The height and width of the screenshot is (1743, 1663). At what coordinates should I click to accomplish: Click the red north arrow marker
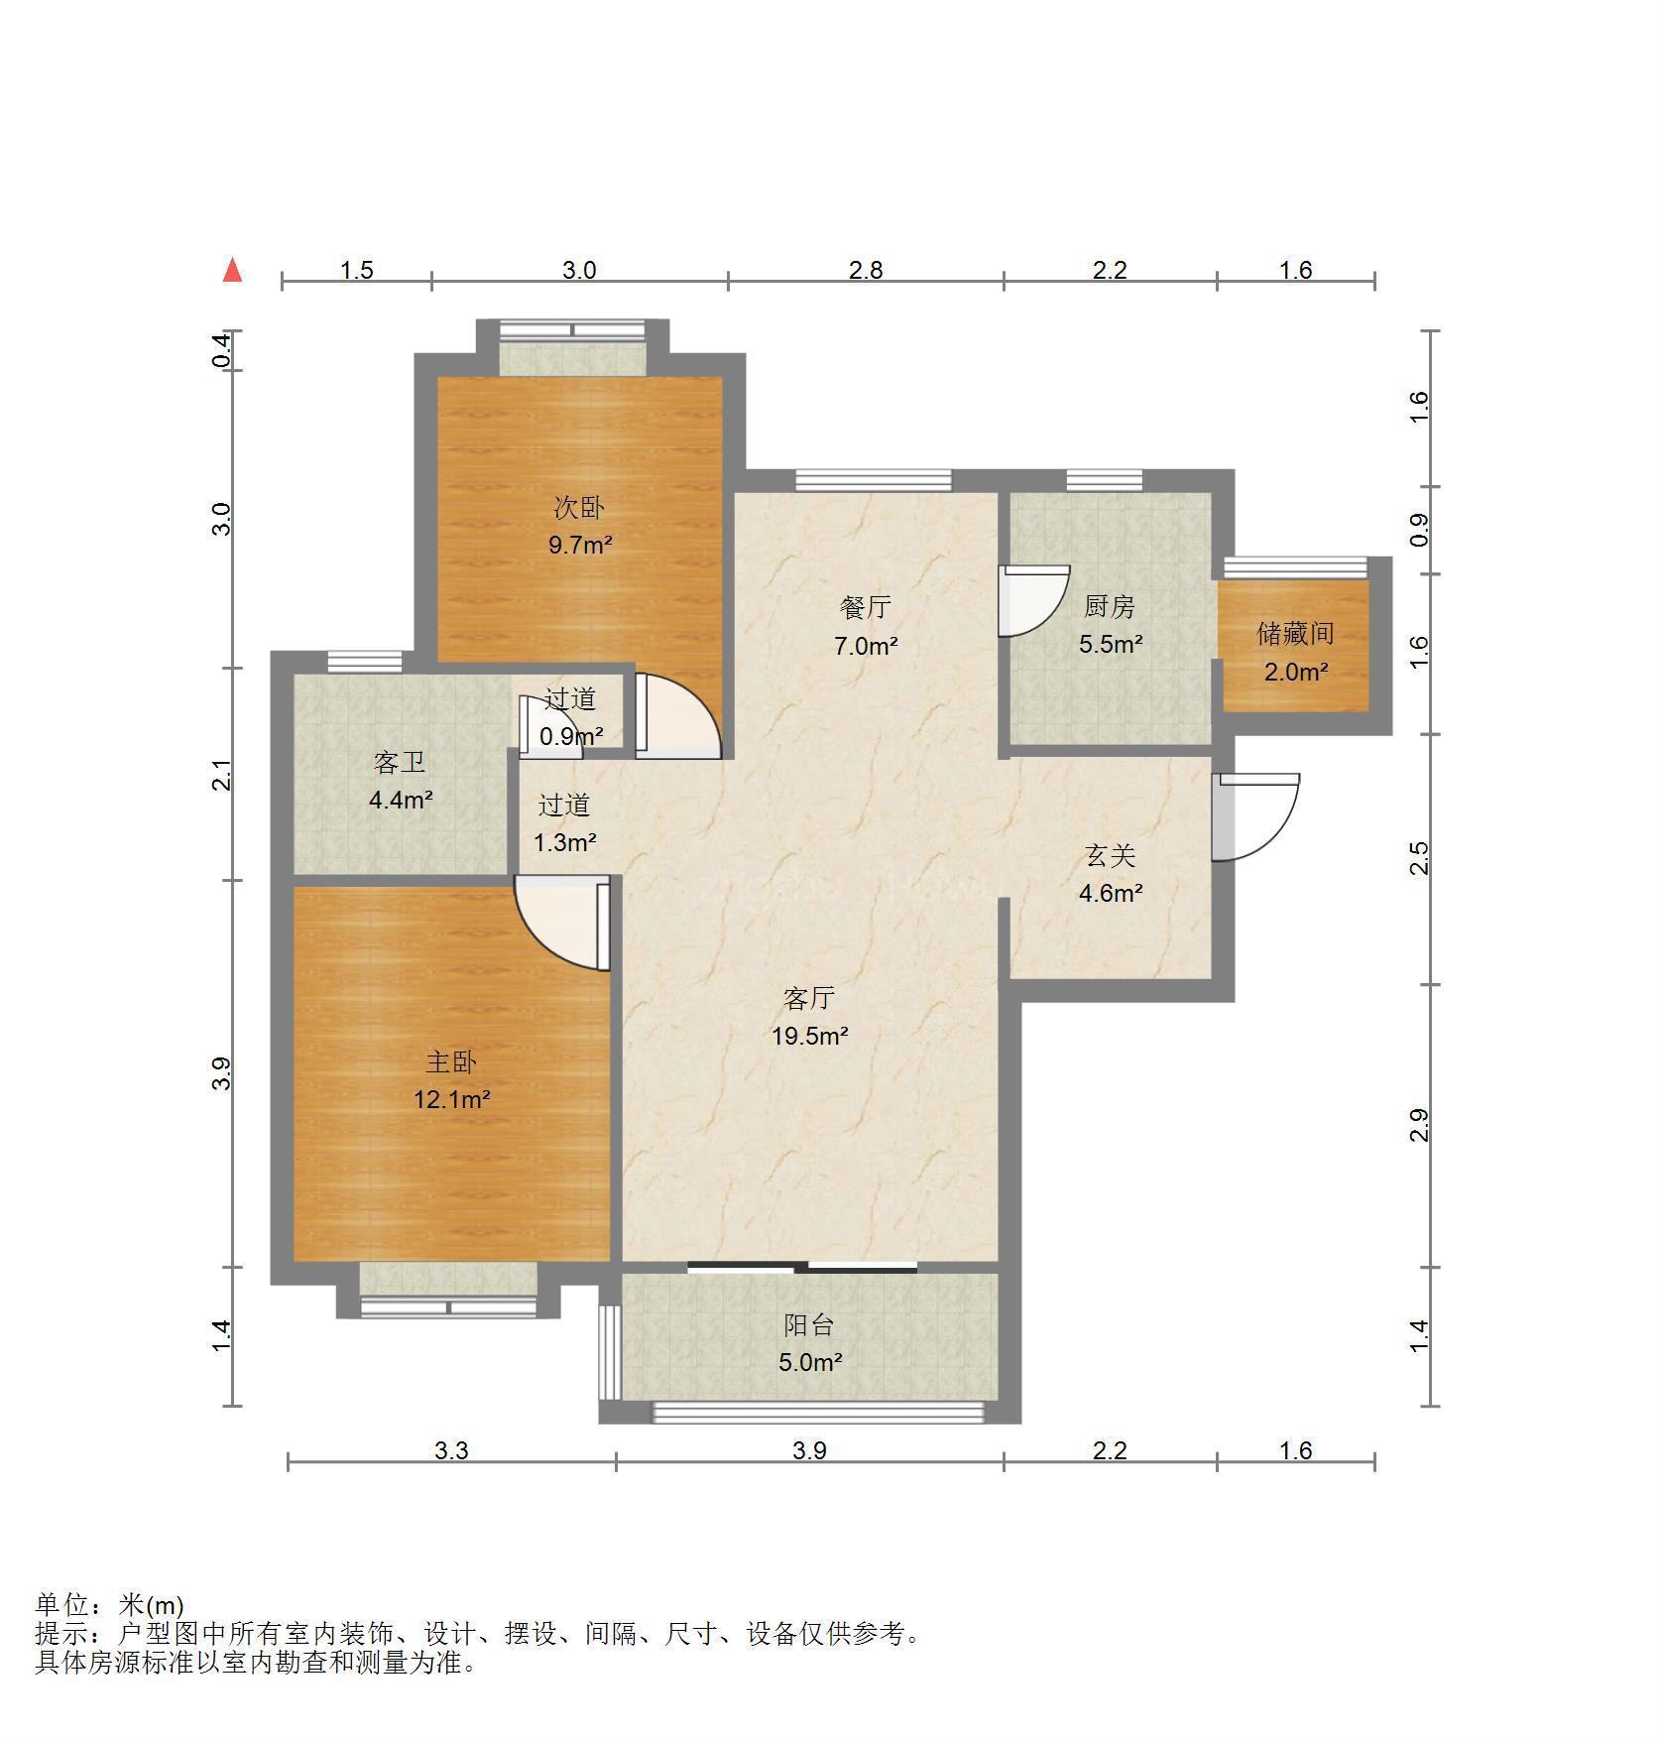pyautogui.click(x=232, y=270)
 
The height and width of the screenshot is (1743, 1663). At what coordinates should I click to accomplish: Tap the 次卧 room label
pyautogui.click(x=579, y=508)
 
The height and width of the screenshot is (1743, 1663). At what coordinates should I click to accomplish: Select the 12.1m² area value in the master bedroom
pyautogui.click(x=452, y=1099)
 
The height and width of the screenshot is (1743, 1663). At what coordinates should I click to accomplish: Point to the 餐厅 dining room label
pyautogui.click(x=866, y=606)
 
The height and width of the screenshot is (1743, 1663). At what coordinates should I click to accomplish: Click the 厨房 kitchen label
pyautogui.click(x=1110, y=605)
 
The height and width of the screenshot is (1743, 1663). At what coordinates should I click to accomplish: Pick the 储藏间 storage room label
pyautogui.click(x=1295, y=633)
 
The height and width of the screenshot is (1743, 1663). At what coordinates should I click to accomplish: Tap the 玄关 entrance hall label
pyautogui.click(x=1110, y=855)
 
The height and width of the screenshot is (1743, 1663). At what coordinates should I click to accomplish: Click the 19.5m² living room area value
pyautogui.click(x=810, y=1036)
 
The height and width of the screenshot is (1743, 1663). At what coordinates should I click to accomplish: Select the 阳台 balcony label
pyautogui.click(x=809, y=1324)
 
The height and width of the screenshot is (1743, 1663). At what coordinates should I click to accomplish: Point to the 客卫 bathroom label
pyautogui.click(x=400, y=762)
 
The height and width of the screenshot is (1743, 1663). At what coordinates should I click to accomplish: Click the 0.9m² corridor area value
pyautogui.click(x=571, y=736)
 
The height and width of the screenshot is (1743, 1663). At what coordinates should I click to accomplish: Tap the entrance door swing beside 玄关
pyautogui.click(x=1255, y=816)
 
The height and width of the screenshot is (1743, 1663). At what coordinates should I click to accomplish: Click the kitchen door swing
pyautogui.click(x=1034, y=600)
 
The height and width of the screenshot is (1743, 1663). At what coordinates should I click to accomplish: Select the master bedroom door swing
pyautogui.click(x=561, y=923)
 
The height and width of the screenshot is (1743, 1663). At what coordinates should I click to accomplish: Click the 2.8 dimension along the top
pyautogui.click(x=865, y=270)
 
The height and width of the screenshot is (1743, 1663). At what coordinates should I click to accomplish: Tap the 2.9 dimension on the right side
pyautogui.click(x=1419, y=1125)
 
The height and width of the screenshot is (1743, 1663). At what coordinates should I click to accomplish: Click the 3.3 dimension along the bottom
pyautogui.click(x=451, y=1450)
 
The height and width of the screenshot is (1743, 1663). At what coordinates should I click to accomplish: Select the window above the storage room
pyautogui.click(x=1295, y=566)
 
